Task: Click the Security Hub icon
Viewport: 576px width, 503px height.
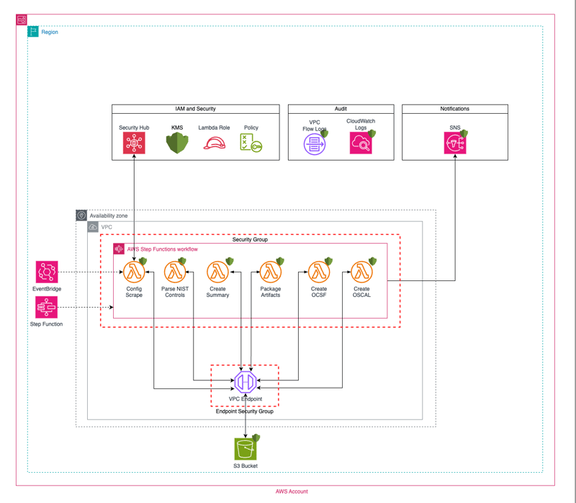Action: click(x=134, y=143)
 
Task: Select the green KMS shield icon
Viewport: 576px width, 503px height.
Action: click(x=176, y=143)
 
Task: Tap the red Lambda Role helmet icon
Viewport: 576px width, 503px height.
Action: click(x=214, y=143)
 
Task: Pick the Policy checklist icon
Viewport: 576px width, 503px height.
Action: click(x=251, y=143)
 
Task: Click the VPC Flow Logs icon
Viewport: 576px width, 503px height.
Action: click(x=315, y=144)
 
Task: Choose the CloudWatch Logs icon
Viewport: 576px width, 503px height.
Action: click(x=361, y=143)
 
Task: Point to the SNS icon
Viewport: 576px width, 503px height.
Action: click(x=455, y=143)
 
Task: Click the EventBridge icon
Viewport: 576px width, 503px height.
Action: click(x=47, y=272)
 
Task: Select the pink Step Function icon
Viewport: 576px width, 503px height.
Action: click(x=47, y=308)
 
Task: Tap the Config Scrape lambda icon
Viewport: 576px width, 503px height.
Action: click(x=134, y=272)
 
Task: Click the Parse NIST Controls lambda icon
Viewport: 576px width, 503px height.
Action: click(x=174, y=272)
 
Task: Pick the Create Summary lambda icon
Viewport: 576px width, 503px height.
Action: click(x=217, y=272)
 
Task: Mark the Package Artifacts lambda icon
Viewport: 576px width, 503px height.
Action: click(x=270, y=272)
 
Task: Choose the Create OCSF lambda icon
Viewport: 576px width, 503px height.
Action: click(x=319, y=272)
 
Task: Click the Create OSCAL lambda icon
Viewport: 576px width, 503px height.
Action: click(x=361, y=272)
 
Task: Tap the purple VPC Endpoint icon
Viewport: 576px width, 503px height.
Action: click(x=246, y=382)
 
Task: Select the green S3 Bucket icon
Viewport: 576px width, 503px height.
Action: click(x=246, y=449)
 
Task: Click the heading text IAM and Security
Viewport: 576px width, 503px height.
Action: click(x=196, y=109)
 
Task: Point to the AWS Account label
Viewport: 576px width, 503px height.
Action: click(x=292, y=491)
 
